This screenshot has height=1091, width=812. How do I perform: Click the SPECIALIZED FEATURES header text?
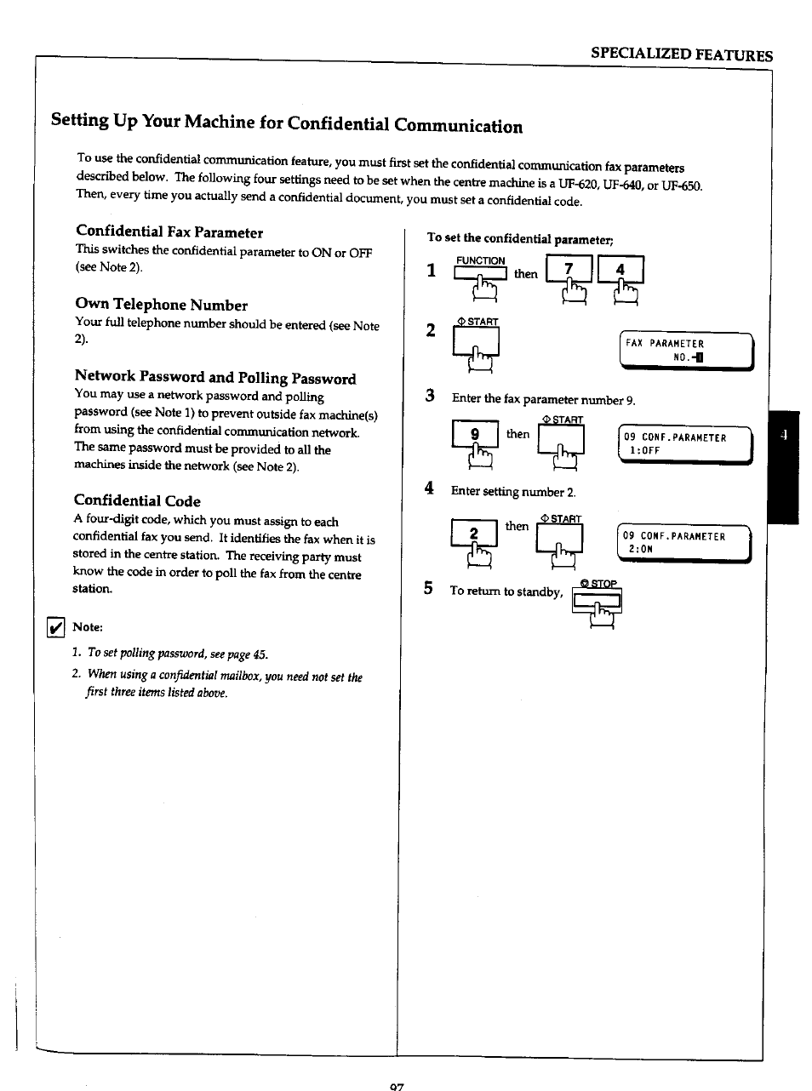pos(682,55)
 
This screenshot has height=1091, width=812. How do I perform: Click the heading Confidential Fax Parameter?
pos(169,232)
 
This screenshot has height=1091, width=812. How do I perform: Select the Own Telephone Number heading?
pos(162,305)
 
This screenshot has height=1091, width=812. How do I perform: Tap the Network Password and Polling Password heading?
pos(215,378)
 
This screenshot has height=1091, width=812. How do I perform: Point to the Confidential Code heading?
pos(137,500)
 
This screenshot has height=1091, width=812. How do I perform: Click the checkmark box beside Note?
pos(55,627)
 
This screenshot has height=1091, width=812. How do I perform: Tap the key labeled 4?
pos(620,270)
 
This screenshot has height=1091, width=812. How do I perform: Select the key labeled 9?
pos(475,435)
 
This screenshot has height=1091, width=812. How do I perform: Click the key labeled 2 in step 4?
pos(474,534)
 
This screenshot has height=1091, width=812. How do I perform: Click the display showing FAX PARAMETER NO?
pos(686,350)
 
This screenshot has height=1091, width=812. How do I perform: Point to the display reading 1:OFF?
pos(685,444)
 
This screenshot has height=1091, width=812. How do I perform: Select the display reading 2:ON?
pos(684,543)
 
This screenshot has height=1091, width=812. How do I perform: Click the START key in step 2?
pos(476,342)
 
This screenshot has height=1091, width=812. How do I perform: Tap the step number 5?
pos(429,589)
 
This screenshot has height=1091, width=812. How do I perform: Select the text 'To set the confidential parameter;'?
pos(520,238)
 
